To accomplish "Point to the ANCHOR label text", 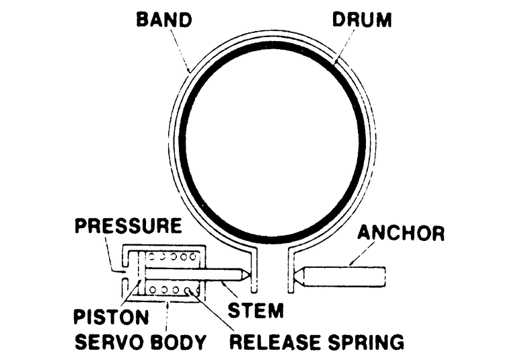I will coord(401,233).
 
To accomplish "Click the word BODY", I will coord(178,342).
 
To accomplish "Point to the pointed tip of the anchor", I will coord(297,275).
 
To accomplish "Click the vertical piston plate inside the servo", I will coord(139,275).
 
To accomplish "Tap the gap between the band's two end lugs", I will coord(273,269).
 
